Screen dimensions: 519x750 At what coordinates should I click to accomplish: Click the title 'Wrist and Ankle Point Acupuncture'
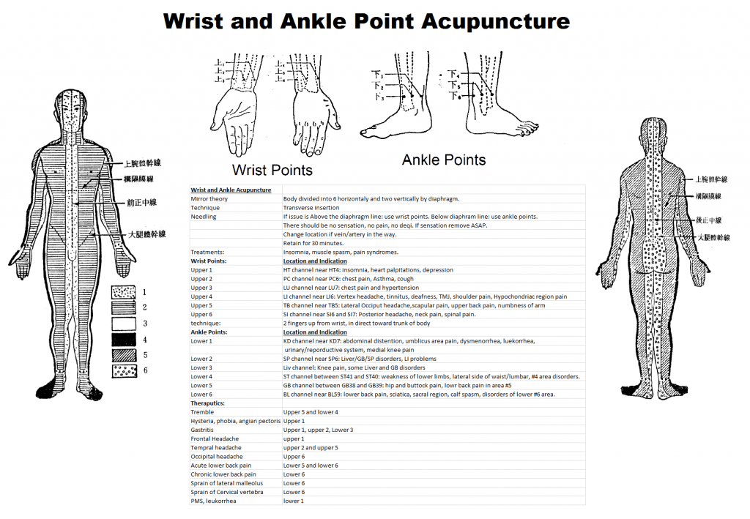tap(366, 20)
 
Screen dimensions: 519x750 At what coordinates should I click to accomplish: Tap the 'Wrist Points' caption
tap(272, 170)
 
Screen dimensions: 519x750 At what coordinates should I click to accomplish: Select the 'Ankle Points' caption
tap(444, 159)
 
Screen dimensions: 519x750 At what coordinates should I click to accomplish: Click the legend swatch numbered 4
tap(124, 340)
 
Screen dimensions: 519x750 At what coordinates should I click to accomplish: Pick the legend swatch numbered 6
tap(124, 370)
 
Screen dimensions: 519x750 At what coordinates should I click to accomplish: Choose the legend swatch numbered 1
tap(124, 292)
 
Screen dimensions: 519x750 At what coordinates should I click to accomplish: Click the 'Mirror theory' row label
tap(209, 198)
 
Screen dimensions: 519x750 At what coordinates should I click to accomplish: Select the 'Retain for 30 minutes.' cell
tap(313, 243)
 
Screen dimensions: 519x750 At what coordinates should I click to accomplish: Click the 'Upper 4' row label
tap(201, 296)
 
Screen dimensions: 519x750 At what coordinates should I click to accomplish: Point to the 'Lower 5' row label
tap(201, 385)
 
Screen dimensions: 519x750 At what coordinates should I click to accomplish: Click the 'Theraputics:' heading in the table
tap(207, 403)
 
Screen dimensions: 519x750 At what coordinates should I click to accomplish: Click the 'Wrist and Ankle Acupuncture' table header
tap(231, 190)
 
